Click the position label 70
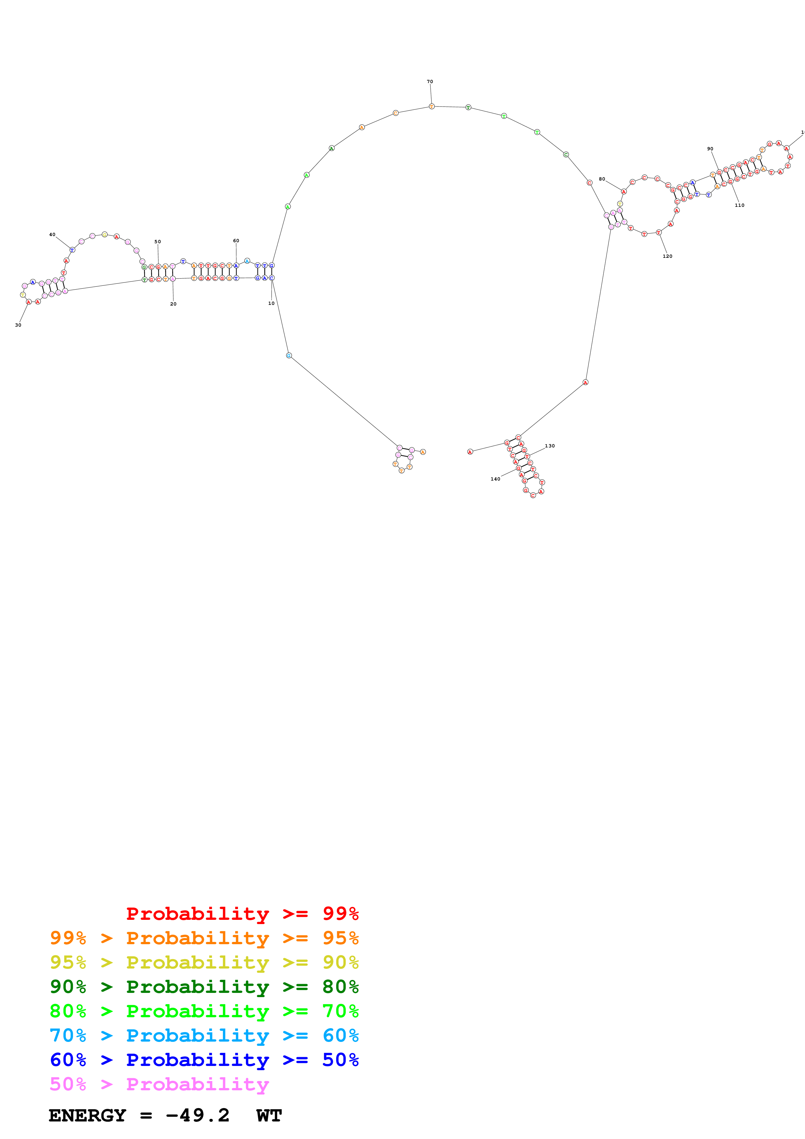coord(430,81)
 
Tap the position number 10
coord(271,303)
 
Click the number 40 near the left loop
coord(52,235)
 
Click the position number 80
coord(602,179)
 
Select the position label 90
coord(710,149)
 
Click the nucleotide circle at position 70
coord(432,106)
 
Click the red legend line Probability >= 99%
coord(242,913)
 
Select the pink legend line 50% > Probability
coord(159,1084)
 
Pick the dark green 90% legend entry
coord(204,987)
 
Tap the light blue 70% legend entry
coord(204,1035)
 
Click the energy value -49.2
coord(197,1116)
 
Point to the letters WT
coord(269,1116)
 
